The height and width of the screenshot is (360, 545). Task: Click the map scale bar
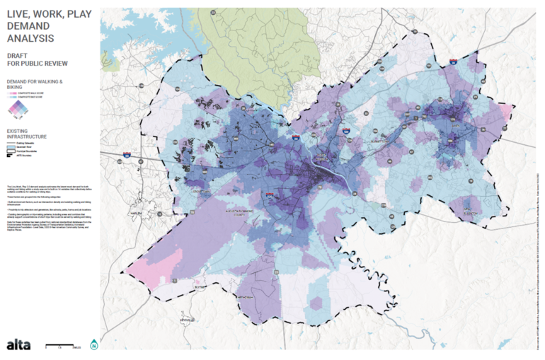tap(62, 347)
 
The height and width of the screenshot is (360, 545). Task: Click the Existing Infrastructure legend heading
tap(28, 134)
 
